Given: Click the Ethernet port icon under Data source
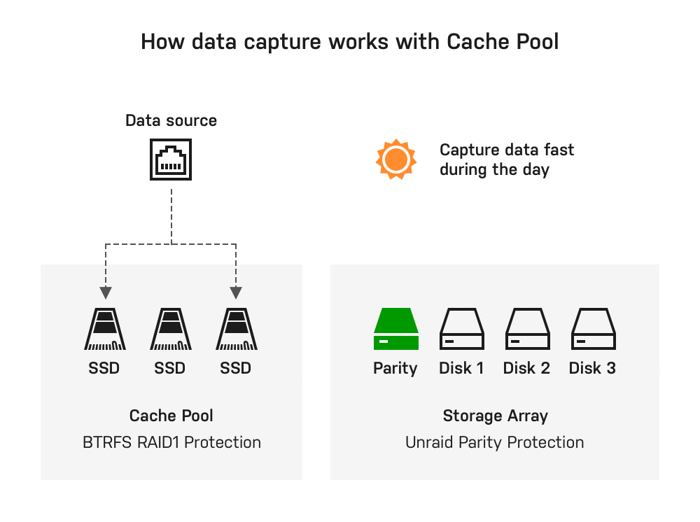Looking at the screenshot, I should coord(171,159).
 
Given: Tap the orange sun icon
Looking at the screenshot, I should coord(395,159).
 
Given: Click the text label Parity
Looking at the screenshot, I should coord(395,368).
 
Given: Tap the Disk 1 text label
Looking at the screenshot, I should coord(461,368).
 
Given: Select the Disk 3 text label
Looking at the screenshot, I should coord(592,368).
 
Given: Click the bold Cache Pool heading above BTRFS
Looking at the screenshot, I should coord(171,416).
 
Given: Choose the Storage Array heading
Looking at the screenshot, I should coord(495,416).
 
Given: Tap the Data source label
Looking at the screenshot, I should coord(171,120).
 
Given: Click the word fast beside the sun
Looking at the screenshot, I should coord(558,150).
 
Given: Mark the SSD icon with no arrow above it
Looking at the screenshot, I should coord(170,330).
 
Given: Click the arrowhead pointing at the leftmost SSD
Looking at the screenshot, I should coord(105,292).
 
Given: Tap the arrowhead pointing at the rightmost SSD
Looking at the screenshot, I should coord(236,292).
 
